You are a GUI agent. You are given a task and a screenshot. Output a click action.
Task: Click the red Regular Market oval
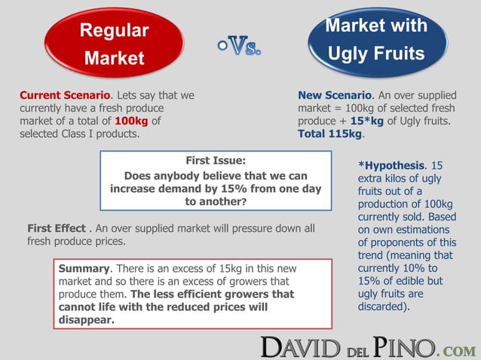pyautogui.click(x=115, y=44)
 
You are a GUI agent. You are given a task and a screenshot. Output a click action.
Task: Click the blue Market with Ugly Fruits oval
pyautogui.click(x=376, y=39)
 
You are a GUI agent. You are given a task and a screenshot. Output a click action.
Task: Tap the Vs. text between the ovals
pyautogui.click(x=239, y=50)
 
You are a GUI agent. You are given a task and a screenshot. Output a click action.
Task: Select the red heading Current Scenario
pyautogui.click(x=65, y=96)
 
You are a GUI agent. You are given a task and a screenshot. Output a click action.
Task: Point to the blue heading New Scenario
pyautogui.click(x=335, y=96)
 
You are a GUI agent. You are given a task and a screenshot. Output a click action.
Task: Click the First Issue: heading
pyautogui.click(x=216, y=160)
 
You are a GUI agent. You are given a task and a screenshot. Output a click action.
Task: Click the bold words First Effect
pyautogui.click(x=56, y=228)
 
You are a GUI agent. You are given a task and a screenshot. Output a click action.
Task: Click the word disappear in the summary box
pyautogui.click(x=86, y=320)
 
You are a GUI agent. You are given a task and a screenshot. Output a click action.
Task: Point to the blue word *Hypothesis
pyautogui.click(x=391, y=165)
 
